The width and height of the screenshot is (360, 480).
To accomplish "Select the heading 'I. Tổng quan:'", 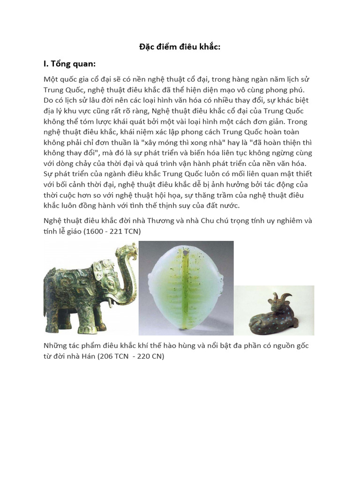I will point(70,64).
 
